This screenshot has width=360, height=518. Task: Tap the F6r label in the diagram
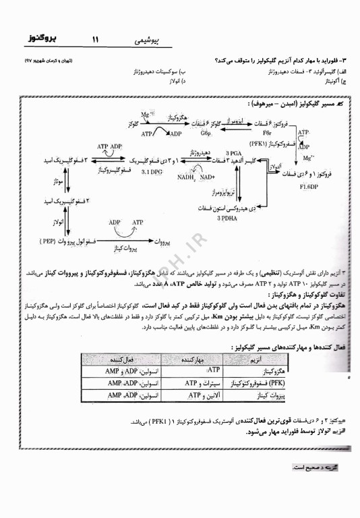(x=257, y=134)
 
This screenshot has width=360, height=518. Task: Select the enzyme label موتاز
(x=57, y=181)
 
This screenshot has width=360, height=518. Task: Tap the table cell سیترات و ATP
(x=200, y=383)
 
